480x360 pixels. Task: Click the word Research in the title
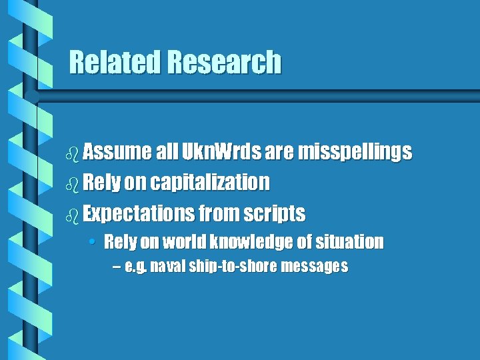point(225,63)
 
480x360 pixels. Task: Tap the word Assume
point(117,153)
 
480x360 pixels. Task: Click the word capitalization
point(209,182)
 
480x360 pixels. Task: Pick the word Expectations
point(138,213)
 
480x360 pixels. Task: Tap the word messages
point(315,267)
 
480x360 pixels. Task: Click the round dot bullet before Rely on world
point(96,242)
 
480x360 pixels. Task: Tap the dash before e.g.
point(117,267)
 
